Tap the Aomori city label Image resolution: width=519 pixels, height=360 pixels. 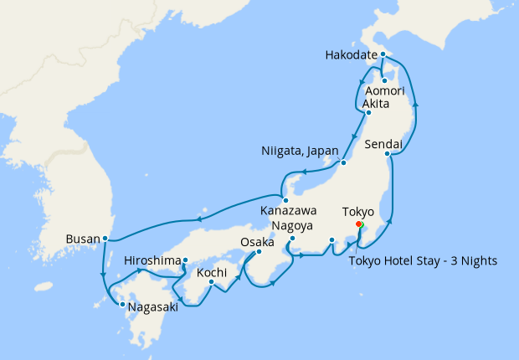click(386, 90)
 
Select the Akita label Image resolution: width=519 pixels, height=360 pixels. click(379, 103)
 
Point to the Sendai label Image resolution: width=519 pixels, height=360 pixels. click(384, 145)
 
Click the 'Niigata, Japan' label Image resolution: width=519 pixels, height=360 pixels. click(299, 152)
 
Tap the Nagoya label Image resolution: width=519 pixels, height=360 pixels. click(292, 226)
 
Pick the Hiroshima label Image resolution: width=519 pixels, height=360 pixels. click(152, 261)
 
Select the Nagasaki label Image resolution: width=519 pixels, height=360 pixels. click(155, 306)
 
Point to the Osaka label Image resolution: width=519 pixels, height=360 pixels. click(257, 242)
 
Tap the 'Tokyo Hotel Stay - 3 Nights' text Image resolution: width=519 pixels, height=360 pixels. click(422, 260)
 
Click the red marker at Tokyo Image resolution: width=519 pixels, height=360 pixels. click(358, 224)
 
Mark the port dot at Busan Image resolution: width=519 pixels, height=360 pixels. click(105, 239)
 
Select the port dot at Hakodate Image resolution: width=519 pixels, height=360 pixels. click(382, 55)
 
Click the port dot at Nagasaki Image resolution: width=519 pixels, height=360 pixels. click(122, 305)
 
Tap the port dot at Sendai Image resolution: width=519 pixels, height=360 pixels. click(387, 154)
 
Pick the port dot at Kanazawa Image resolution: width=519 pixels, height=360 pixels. click(285, 200)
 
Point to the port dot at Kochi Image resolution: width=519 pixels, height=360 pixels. click(212, 283)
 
